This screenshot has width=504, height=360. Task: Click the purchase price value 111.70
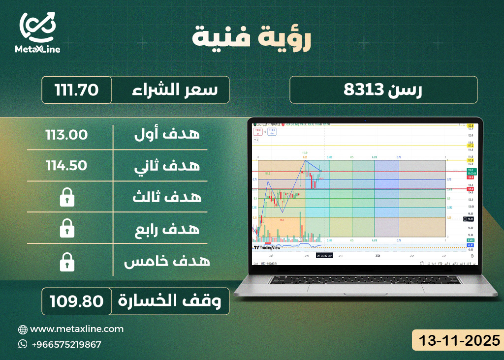77,90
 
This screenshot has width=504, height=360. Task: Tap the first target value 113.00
66,134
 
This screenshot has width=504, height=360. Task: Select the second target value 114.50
66,166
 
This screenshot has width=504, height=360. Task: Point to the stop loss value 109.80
76,301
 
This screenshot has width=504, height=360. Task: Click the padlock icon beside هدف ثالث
66,198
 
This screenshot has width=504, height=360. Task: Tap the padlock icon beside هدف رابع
66,229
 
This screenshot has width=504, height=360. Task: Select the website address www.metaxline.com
77,329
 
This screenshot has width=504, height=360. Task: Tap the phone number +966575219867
66,344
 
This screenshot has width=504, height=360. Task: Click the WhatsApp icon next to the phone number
23,344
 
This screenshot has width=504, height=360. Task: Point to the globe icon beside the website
23,329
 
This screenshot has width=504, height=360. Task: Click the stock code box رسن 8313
383,90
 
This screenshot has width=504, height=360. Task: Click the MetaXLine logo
39,32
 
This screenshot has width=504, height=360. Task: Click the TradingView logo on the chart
267,247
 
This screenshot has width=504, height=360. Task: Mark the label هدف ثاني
167,166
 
